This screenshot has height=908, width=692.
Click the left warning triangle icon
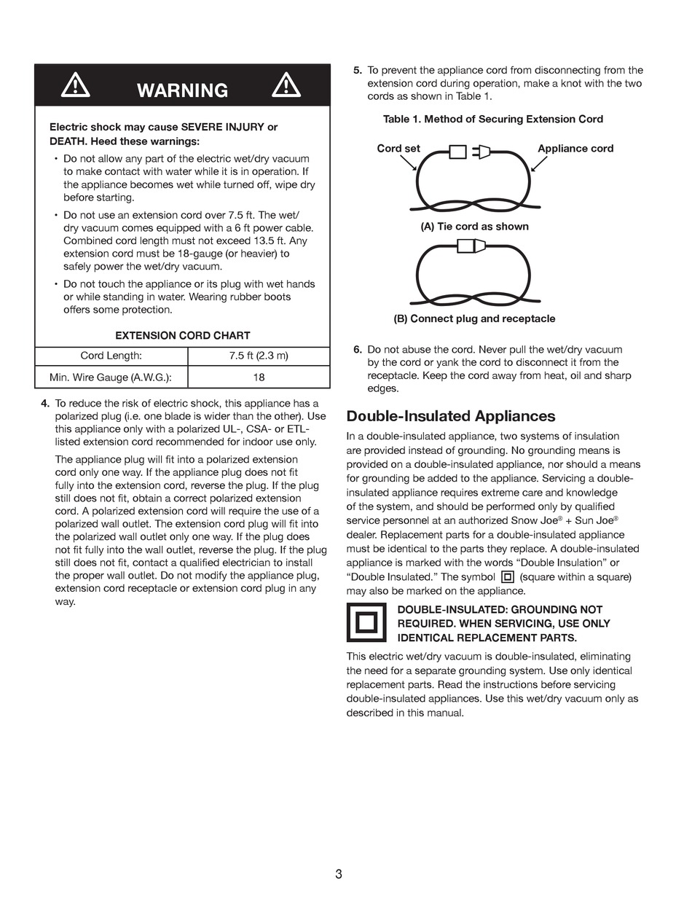[75, 86]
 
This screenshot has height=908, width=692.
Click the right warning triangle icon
[286, 85]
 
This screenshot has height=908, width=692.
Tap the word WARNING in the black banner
[182, 90]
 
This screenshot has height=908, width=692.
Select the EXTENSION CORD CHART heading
[183, 336]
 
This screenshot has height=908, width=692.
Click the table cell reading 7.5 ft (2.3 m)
[259, 356]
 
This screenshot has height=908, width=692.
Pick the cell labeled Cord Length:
[111, 356]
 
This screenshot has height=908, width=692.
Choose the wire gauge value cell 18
[259, 377]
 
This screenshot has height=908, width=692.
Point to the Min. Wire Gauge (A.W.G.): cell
[111, 377]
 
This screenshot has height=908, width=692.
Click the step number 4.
[45, 404]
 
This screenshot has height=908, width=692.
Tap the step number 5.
[358, 71]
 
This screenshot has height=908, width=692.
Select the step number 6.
[358, 350]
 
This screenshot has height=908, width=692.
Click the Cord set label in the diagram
[398, 149]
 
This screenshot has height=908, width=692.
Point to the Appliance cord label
[575, 149]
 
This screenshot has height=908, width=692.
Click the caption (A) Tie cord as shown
[475, 227]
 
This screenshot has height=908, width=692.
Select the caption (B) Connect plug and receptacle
[474, 319]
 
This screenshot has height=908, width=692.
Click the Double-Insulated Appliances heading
[451, 416]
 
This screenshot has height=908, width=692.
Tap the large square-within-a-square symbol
[366, 623]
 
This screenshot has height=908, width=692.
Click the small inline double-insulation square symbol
[508, 577]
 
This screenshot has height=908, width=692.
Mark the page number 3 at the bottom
[339, 874]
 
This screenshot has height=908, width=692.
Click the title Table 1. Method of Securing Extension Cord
[493, 120]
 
